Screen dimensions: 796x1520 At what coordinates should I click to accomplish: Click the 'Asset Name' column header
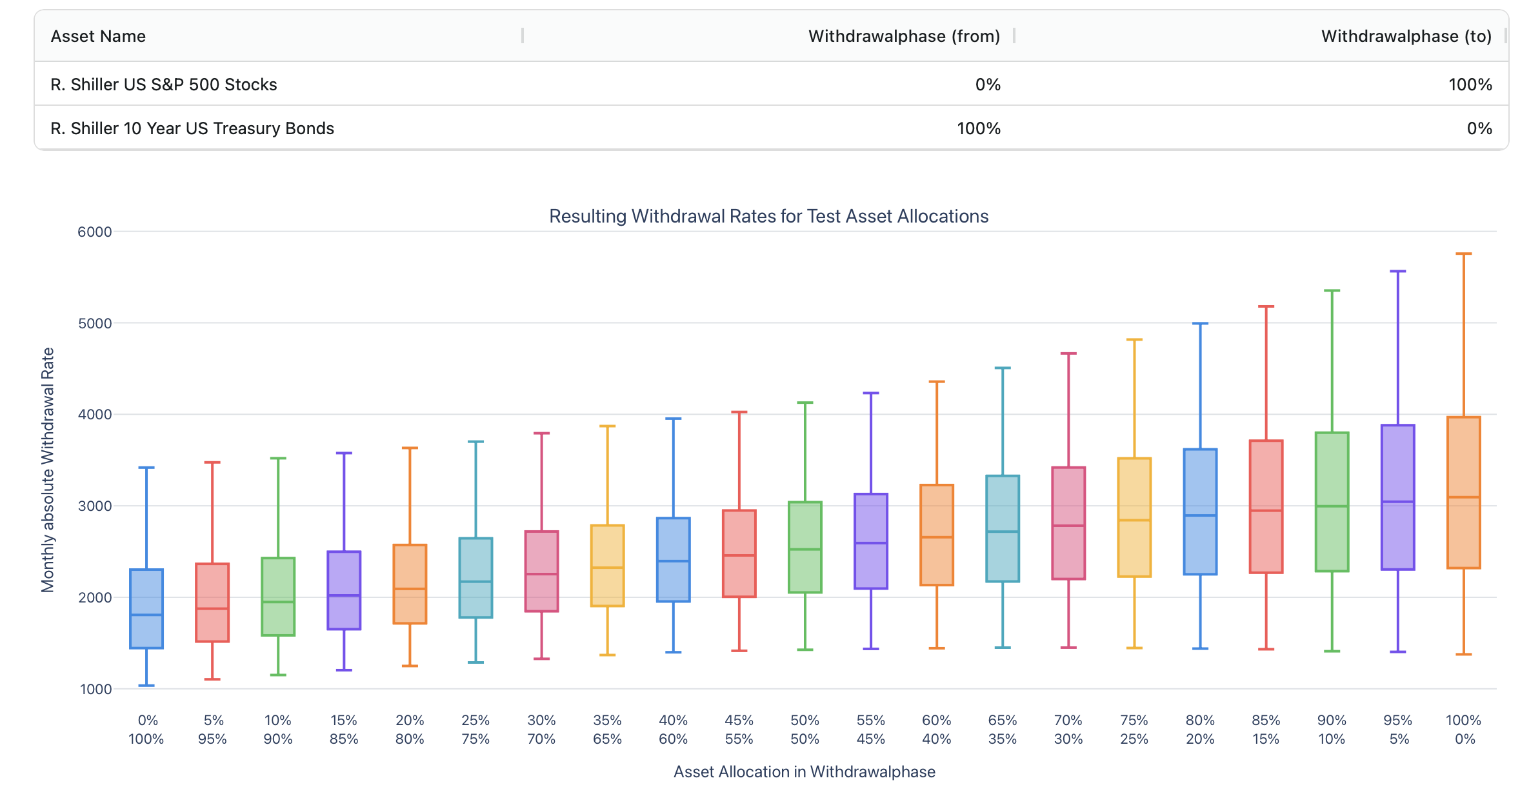pos(98,36)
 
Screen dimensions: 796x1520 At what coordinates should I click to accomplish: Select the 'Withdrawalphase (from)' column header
pos(904,36)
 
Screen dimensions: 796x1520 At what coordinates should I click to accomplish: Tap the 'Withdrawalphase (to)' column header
pos(1406,36)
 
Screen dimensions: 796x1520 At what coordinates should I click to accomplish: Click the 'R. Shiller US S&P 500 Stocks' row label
pos(164,85)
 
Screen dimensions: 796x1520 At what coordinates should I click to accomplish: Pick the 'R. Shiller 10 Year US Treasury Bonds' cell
pos(192,128)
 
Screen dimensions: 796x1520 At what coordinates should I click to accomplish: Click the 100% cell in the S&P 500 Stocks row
pos(1470,85)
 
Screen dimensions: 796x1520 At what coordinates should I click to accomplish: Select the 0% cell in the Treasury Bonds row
pos(1479,128)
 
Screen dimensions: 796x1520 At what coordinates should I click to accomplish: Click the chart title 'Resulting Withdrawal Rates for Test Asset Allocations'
pos(768,216)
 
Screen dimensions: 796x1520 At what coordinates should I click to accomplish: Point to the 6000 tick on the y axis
pos(95,232)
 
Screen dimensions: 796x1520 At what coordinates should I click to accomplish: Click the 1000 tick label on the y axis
pos(95,689)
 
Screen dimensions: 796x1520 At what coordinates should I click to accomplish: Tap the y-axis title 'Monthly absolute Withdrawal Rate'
pos(48,470)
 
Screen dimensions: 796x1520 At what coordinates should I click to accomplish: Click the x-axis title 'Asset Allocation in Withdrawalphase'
pos(804,771)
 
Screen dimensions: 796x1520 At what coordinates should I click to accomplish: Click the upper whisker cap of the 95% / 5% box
pos(1398,272)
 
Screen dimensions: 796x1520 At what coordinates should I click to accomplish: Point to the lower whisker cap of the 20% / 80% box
pos(410,666)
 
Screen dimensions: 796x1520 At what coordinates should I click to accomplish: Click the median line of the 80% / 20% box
pos(1200,515)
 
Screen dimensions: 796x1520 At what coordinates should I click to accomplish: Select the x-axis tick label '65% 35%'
pos(1003,730)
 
